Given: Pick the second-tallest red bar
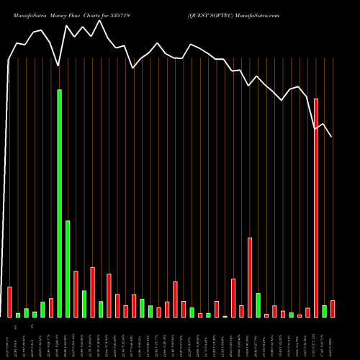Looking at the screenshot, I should tap(250, 277).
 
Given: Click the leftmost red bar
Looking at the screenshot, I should tap(9, 302).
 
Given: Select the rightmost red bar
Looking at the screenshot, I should tap(333, 309).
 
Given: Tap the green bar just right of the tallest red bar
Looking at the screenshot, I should tap(324, 311).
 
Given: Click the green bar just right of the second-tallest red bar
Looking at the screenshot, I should tap(258, 305).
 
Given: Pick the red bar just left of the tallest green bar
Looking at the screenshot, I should tap(51, 307).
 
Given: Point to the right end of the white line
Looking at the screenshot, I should tap(331, 137).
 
